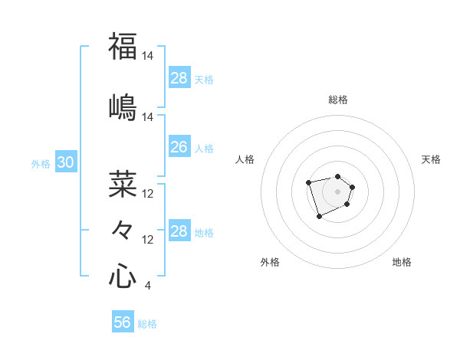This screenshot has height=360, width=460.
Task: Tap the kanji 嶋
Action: pyautogui.click(x=123, y=106)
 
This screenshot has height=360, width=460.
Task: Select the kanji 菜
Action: pyautogui.click(x=123, y=184)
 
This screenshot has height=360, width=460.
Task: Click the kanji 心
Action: pyautogui.click(x=123, y=276)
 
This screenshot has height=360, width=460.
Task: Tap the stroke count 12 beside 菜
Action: pyautogui.click(x=149, y=194)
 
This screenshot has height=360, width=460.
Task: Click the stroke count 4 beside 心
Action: pyautogui.click(x=147, y=286)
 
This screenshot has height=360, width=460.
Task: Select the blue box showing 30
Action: pyautogui.click(x=65, y=162)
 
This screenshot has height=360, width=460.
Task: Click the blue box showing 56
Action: pyautogui.click(x=122, y=323)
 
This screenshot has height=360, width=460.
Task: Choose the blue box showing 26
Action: pyautogui.click(x=179, y=147)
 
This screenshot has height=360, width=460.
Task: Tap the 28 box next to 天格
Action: pyautogui.click(x=179, y=78)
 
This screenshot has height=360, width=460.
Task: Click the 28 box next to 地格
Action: pyautogui.click(x=179, y=231)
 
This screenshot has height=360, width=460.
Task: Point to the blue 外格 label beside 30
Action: pyautogui.click(x=41, y=163)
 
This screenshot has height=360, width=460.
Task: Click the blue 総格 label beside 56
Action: pyautogui.click(x=147, y=324)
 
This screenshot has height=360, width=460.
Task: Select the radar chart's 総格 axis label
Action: pyautogui.click(x=338, y=100)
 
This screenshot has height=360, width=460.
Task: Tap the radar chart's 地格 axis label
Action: pyautogui.click(x=402, y=262)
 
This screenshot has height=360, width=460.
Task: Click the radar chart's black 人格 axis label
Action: pyautogui.click(x=245, y=159)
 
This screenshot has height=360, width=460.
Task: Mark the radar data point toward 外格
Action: pyautogui.click(x=319, y=217)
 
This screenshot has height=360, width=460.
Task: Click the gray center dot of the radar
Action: pyautogui.click(x=337, y=191)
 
